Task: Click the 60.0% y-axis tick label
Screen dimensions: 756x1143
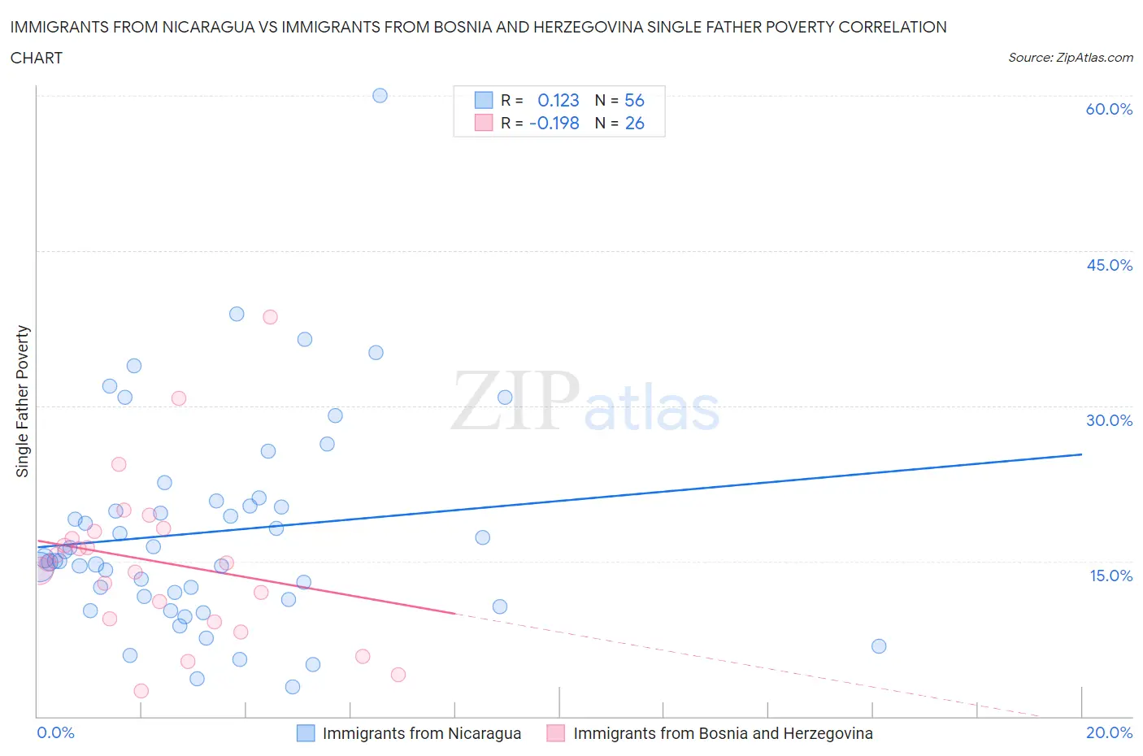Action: (1109, 109)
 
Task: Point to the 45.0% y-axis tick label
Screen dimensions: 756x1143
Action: (1109, 265)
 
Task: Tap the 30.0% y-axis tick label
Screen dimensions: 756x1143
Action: (1109, 420)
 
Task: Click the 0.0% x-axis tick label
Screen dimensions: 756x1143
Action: (55, 732)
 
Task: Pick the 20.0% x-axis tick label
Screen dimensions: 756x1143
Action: (1109, 732)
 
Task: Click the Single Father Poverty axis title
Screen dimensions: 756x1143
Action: (23, 401)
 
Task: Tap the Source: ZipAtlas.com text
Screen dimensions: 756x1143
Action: (1070, 58)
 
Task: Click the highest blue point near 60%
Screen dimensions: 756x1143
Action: (380, 95)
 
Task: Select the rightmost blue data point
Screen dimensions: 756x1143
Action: (879, 646)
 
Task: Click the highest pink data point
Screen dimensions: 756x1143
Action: (270, 317)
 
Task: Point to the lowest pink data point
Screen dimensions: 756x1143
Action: (141, 691)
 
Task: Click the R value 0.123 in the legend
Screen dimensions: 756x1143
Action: (558, 101)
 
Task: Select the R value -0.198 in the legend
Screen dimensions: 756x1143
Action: (554, 124)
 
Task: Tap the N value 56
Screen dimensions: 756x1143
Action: (634, 101)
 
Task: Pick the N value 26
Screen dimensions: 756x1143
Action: (634, 124)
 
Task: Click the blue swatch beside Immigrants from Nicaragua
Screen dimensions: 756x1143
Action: (306, 733)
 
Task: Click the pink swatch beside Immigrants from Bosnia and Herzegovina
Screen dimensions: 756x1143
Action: (556, 733)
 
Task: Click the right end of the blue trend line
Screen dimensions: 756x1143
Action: (1081, 454)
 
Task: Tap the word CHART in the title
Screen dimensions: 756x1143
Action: (37, 58)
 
